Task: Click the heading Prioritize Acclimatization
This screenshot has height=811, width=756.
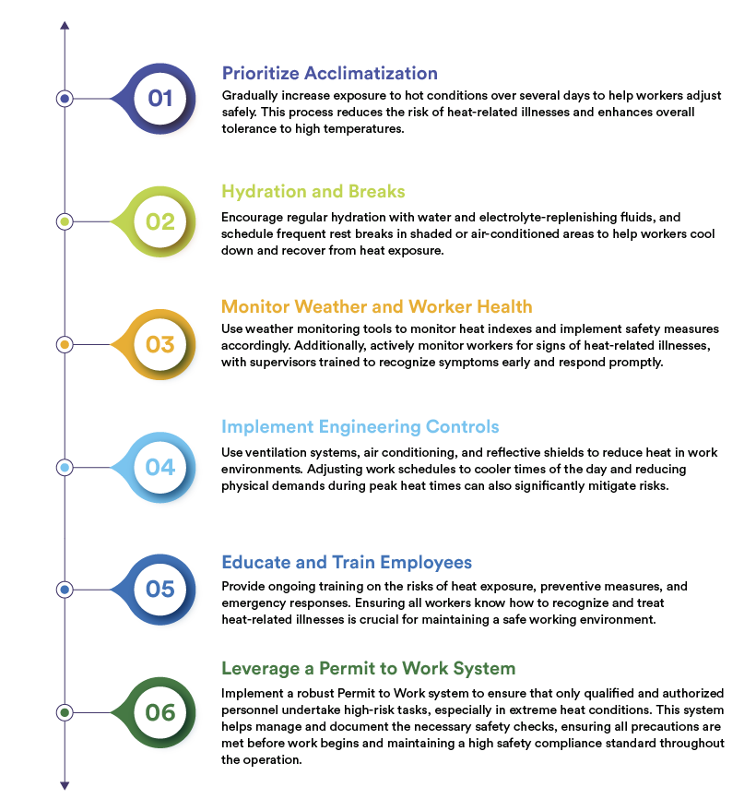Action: (x=329, y=73)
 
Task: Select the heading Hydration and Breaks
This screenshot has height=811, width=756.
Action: (x=313, y=192)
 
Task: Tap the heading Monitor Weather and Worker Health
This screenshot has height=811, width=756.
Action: (x=377, y=306)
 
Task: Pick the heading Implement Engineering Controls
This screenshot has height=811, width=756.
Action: (x=360, y=426)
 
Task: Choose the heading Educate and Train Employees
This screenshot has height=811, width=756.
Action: (x=347, y=562)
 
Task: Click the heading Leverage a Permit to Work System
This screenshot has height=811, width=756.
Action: (x=368, y=668)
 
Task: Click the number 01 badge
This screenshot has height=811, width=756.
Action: (x=160, y=98)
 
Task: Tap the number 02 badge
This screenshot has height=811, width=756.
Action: (x=160, y=221)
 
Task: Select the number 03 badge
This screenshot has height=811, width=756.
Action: (x=160, y=344)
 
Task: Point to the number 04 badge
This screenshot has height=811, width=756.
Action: (x=160, y=467)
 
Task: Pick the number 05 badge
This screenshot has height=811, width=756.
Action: (x=160, y=589)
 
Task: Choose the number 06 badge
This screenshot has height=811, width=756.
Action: (x=160, y=712)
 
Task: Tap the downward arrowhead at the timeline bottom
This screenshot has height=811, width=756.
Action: (x=65, y=785)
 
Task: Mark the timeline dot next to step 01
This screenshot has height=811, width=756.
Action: (x=65, y=98)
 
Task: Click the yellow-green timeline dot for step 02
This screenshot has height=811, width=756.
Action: (x=65, y=221)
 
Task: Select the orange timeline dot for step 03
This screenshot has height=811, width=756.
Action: (x=65, y=344)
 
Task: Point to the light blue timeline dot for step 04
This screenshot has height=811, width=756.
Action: (x=65, y=468)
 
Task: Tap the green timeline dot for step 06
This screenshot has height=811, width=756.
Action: (x=65, y=712)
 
